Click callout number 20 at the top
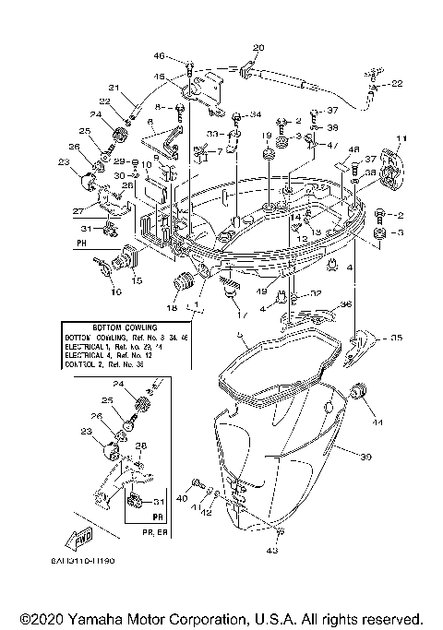click(x=257, y=47)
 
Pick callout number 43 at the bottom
click(x=271, y=552)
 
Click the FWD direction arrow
click(x=78, y=537)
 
